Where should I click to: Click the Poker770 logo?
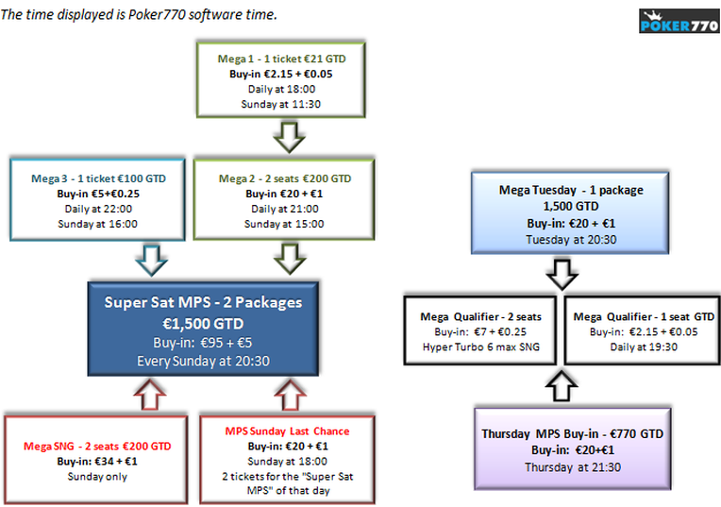coord(679,21)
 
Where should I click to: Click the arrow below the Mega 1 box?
coord(289,137)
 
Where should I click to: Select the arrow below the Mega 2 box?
coord(290,260)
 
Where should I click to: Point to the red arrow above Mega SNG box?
coord(150,395)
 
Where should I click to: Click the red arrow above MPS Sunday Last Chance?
coord(290,395)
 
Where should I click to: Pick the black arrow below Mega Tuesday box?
coord(562,275)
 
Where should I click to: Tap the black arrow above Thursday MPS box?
coord(562,386)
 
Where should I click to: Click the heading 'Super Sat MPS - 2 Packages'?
coord(203,302)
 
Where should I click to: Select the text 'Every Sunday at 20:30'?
coord(203,362)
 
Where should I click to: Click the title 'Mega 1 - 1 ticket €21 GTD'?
coord(281,59)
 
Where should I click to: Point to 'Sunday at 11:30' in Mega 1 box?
coord(281,105)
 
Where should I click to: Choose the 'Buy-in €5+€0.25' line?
coord(98,194)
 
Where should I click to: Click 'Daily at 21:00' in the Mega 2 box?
coord(285,209)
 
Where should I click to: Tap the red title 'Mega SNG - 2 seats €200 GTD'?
coord(97,447)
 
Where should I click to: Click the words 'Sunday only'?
coord(97,477)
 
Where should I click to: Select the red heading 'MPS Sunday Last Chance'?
coord(287,431)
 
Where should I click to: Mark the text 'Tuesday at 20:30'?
coord(571,240)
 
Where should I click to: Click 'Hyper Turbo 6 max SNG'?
coord(481,346)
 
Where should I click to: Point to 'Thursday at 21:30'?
coord(573,467)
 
